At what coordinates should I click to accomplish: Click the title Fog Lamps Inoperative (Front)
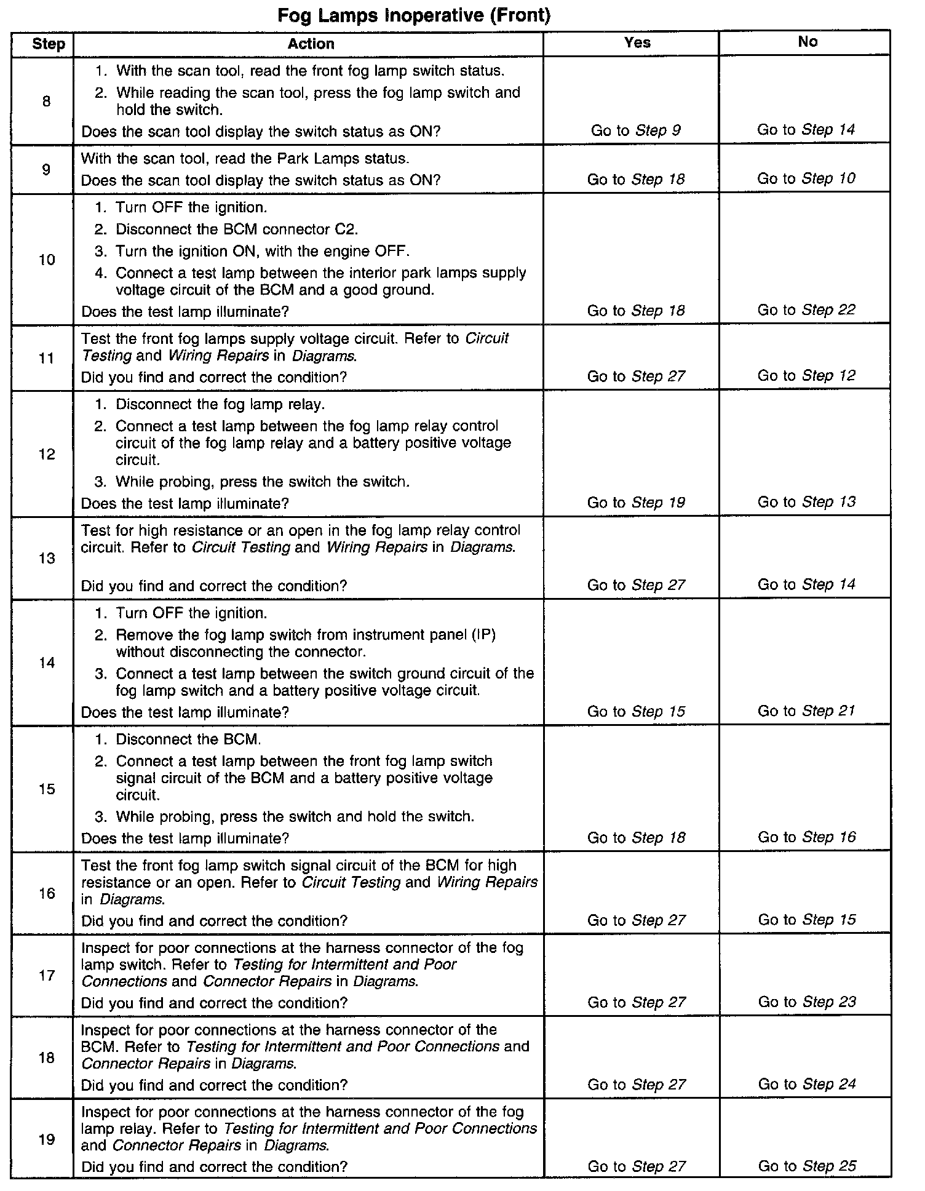(414, 15)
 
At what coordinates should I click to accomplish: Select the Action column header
(311, 44)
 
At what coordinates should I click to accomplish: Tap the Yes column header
(637, 42)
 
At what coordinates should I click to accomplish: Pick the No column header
(808, 42)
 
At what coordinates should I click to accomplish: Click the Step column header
(49, 44)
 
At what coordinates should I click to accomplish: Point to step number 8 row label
(47, 102)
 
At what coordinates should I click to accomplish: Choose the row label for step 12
(47, 454)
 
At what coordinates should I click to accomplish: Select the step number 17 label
(47, 975)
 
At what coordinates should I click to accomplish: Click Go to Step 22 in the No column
(806, 310)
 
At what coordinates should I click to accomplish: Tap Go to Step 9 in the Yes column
(636, 130)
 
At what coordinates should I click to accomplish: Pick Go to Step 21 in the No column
(806, 711)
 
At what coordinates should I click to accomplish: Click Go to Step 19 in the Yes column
(636, 503)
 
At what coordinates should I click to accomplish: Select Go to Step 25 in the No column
(807, 1166)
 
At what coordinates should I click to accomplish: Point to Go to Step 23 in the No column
(807, 1002)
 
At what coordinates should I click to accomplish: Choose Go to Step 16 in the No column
(807, 837)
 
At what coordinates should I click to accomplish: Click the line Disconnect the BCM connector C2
(237, 229)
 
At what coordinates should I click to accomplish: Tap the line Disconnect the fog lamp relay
(220, 404)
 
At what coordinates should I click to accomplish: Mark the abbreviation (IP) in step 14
(483, 635)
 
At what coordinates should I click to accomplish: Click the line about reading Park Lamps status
(245, 159)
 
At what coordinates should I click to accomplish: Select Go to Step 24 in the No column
(807, 1084)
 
